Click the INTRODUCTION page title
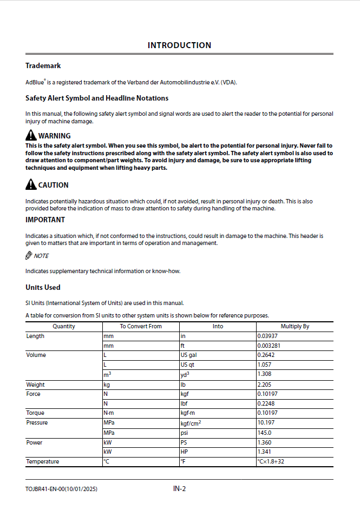click(179, 45)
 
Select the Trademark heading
click(43, 66)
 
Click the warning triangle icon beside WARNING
click(31, 135)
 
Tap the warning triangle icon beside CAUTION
click(31, 185)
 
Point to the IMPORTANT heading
click(45, 220)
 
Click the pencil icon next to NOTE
click(29, 255)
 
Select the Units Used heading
click(43, 288)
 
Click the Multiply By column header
click(294, 327)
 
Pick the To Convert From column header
click(141, 327)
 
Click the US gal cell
click(188, 355)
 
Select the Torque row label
click(36, 413)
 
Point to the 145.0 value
click(265, 433)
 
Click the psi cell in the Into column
click(185, 433)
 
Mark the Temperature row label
click(43, 462)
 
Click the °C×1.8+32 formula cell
click(272, 462)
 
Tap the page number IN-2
click(179, 489)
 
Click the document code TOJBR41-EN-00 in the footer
click(45, 489)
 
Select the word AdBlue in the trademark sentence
click(35, 83)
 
